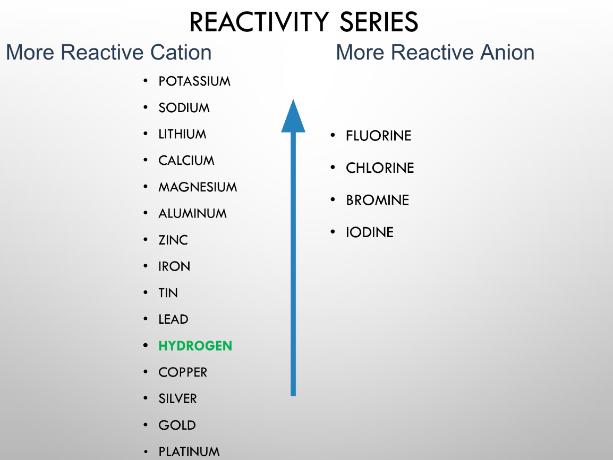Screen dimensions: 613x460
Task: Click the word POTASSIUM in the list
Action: coord(194,81)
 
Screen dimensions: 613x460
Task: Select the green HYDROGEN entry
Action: coord(195,346)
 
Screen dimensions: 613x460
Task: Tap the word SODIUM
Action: coord(184,107)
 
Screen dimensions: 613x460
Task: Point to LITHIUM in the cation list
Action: coord(182,134)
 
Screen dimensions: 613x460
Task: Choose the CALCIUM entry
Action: coord(186,161)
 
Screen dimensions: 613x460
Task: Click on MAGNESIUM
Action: coord(198,187)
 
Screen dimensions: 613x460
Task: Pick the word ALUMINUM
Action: coord(192,213)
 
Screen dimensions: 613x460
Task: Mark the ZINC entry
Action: coord(173,240)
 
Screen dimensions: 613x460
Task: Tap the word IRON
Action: coord(174,266)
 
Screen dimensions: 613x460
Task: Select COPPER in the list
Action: coord(183,372)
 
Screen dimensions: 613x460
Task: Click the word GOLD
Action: coord(177,425)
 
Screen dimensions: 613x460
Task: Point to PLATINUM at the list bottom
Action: coord(189,451)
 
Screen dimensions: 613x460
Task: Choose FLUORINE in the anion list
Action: coord(378,136)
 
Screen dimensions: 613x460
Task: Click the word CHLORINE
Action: coord(380,168)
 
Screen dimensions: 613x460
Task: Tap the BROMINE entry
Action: coord(378,200)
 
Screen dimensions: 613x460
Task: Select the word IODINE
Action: coord(370,232)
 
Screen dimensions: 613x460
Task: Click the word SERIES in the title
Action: coord(379,22)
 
